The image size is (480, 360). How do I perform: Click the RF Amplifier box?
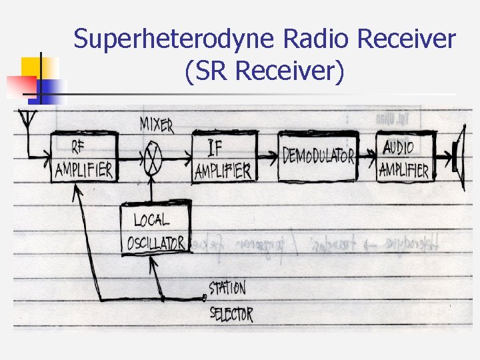coord(85,157)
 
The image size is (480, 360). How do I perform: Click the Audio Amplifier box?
coord(405,157)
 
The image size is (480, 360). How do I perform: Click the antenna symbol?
coord(27,120)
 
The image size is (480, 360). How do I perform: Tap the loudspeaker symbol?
coord(458,157)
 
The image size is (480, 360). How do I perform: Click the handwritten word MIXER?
coord(157,125)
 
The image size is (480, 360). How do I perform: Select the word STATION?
coord(227,289)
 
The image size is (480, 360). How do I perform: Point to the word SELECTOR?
coord(231,314)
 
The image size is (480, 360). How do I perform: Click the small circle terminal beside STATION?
coord(205,297)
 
